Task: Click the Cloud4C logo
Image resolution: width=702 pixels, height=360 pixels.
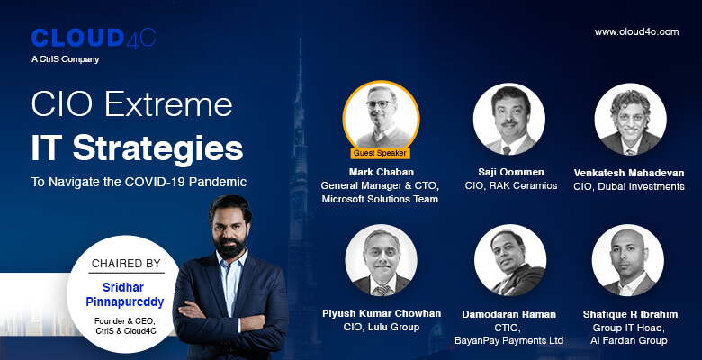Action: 94,38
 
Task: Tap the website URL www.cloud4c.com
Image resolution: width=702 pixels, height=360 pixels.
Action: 636,31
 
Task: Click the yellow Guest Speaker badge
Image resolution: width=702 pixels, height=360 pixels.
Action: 380,153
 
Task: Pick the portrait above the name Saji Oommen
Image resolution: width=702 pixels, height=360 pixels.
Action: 509,119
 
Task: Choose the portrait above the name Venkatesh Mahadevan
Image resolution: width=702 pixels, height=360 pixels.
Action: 630,119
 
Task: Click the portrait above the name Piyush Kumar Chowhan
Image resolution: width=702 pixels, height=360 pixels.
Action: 381,260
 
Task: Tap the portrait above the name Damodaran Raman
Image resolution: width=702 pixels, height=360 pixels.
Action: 510,260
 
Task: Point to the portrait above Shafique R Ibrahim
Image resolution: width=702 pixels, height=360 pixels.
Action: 627,260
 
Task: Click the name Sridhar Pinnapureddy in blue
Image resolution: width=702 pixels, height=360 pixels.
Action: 125,294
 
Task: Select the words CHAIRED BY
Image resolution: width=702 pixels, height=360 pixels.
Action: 126,264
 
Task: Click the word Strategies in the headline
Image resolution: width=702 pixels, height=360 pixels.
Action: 158,148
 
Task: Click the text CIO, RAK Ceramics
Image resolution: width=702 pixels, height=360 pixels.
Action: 511,185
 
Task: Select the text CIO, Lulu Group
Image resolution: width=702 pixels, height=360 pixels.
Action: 382,327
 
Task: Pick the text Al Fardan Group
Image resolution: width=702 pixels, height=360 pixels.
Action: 628,341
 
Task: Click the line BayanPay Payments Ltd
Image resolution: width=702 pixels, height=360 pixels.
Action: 509,341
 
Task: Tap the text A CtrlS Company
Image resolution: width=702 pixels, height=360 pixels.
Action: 66,59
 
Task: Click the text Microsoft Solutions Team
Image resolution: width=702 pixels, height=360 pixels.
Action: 380,199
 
